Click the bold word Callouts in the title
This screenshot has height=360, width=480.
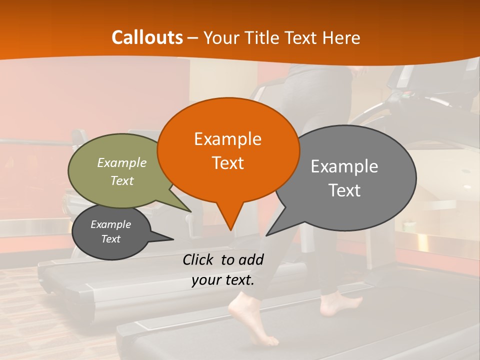(x=147, y=37)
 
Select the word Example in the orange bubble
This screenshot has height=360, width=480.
(x=227, y=139)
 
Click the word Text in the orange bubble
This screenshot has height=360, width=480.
(x=227, y=163)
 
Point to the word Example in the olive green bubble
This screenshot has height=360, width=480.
(x=122, y=162)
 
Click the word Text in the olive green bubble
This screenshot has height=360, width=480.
(x=122, y=180)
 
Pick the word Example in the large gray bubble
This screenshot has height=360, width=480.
(x=344, y=166)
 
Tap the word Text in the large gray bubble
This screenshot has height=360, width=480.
(x=344, y=190)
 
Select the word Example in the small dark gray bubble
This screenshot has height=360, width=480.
(x=110, y=224)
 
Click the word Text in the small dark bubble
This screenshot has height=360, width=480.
(x=110, y=239)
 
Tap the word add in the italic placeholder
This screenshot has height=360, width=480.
(x=251, y=259)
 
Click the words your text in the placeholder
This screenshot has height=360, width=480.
(x=222, y=280)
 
